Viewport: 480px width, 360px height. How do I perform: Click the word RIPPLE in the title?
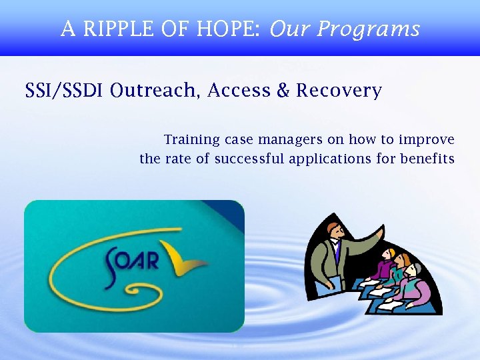[x=110, y=29]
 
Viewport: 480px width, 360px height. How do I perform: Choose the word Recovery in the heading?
[x=339, y=91]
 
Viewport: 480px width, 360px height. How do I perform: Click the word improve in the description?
[x=427, y=140]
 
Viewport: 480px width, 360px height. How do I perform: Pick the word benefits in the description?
[x=427, y=159]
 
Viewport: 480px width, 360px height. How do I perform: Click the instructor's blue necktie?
[x=337, y=252]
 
